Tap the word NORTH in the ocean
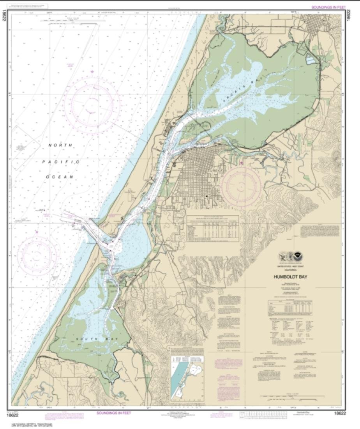(x=60, y=145)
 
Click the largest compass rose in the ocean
(x=91, y=105)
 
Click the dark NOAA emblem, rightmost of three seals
(x=298, y=257)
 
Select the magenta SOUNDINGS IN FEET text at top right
(x=328, y=7)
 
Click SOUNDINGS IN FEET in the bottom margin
(x=113, y=413)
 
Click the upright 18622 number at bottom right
(x=340, y=413)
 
